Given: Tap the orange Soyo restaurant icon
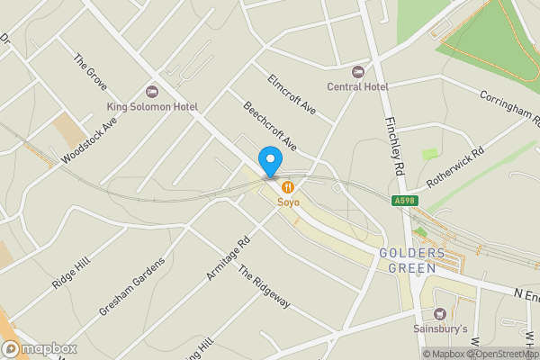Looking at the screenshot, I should [288, 187].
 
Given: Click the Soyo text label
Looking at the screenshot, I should [288, 202].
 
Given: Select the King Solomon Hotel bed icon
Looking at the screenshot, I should [151, 92].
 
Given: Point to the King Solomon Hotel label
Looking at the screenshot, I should [152, 106].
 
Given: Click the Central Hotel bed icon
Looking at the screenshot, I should [358, 72].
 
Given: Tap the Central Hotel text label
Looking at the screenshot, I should [358, 86].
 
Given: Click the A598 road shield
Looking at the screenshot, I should [403, 202].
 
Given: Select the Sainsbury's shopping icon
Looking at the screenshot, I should [439, 314].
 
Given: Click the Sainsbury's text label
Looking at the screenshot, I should [439, 328].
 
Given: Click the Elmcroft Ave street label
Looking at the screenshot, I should [292, 94].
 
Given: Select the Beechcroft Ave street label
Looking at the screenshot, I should [270, 126].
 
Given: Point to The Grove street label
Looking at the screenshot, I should [90, 74].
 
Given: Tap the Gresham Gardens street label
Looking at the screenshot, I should [131, 287].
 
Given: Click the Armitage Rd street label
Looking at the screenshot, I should [228, 258].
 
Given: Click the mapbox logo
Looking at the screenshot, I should [38, 348].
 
